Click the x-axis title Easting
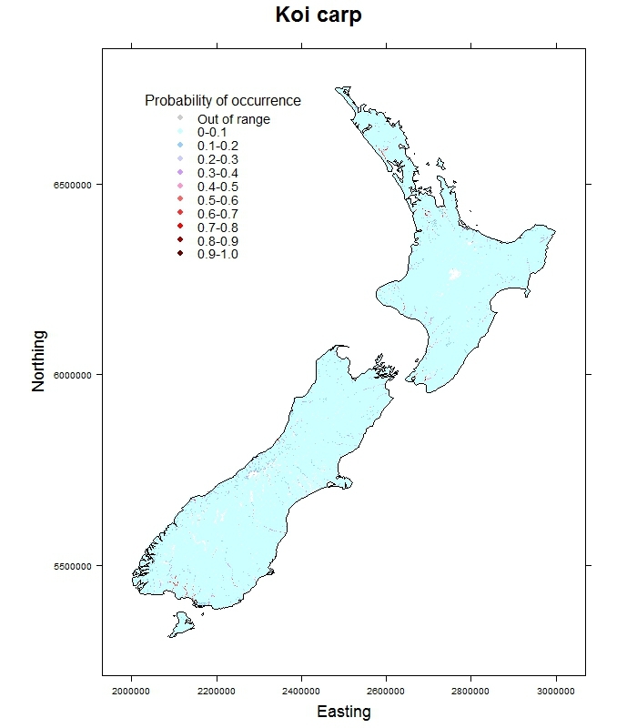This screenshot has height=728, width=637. click(x=343, y=712)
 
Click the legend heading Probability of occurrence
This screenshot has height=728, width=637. click(x=223, y=101)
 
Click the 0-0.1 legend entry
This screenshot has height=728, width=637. click(x=212, y=133)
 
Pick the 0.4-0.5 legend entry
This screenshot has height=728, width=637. click(x=217, y=187)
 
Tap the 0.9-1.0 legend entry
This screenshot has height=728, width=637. click(x=217, y=254)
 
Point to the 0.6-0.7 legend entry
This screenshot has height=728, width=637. click(x=217, y=214)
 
